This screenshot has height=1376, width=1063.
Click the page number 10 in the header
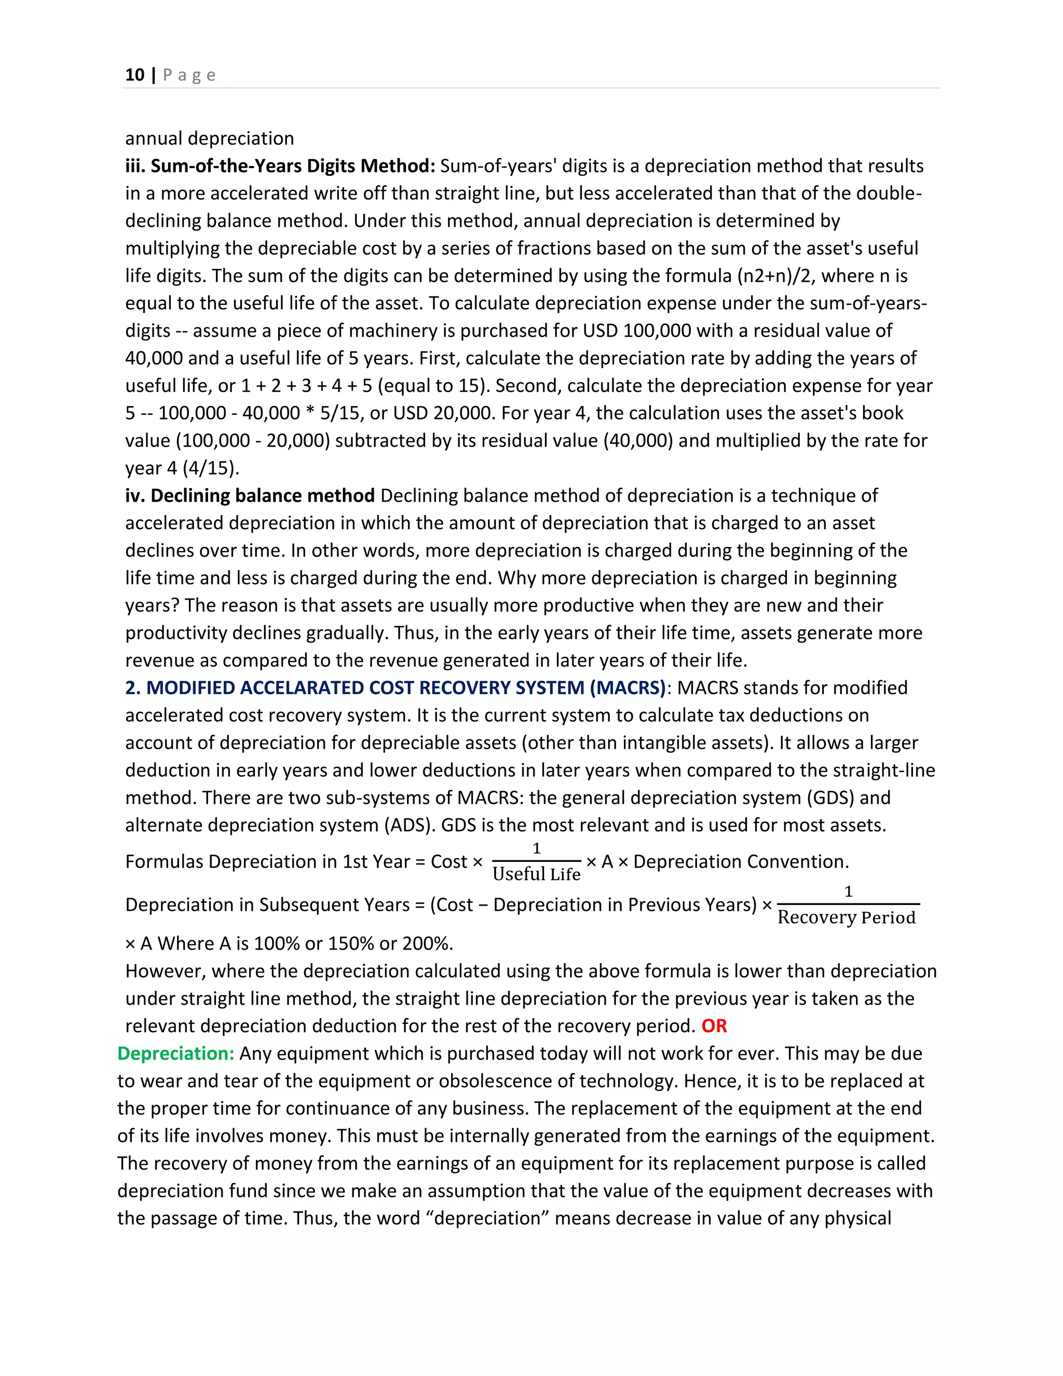(135, 75)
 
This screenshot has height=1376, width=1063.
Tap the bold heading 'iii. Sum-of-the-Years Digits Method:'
(280, 166)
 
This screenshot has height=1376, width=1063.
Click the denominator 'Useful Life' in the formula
(536, 874)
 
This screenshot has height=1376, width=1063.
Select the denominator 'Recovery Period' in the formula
(847, 918)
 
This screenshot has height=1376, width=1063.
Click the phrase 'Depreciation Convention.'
(741, 862)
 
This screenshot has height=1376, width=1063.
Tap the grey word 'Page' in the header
(189, 75)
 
